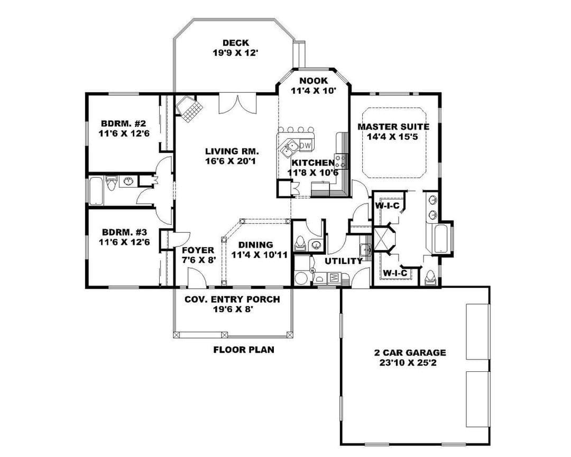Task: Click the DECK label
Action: pyautogui.click(x=236, y=43)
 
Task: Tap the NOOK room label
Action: pyautogui.click(x=313, y=80)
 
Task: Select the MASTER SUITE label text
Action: pyautogui.click(x=393, y=127)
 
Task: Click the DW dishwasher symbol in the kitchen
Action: pyautogui.click(x=306, y=145)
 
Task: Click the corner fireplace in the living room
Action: pyautogui.click(x=188, y=109)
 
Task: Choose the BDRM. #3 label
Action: pyautogui.click(x=124, y=232)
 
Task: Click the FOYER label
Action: pyautogui.click(x=198, y=250)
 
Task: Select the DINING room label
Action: pyautogui.click(x=256, y=245)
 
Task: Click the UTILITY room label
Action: pyautogui.click(x=344, y=261)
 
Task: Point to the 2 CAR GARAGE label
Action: pyautogui.click(x=410, y=352)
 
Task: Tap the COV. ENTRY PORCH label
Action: pyautogui.click(x=232, y=299)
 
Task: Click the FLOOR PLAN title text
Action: pyautogui.click(x=244, y=350)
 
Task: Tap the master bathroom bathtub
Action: pyautogui.click(x=443, y=239)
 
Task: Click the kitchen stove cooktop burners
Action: pyautogui.click(x=342, y=161)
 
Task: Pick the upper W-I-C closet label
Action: pyautogui.click(x=387, y=206)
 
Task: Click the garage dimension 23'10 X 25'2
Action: pyautogui.click(x=410, y=363)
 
